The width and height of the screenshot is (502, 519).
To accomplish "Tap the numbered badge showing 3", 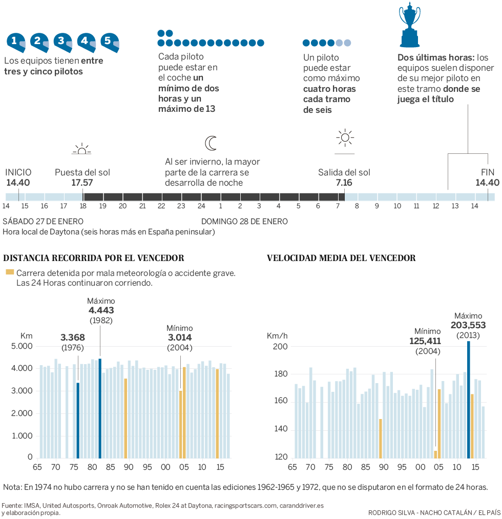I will pos(63,42).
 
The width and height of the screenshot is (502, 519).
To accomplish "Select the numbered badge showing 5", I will pos(109,42).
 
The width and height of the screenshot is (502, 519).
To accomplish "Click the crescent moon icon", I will pos(211,143).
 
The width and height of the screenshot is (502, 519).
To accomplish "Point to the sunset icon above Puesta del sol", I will pos(81,149).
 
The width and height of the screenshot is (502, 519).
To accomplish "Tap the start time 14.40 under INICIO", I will pos(18,182).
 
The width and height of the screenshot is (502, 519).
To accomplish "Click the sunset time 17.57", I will pos(82,182).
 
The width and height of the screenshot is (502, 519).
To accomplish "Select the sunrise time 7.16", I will pos(344,182).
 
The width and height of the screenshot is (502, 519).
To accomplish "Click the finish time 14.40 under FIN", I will pos(487,182).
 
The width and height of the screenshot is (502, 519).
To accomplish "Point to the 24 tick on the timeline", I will pos(201,206).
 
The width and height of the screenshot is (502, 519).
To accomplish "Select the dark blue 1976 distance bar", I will pos(78,420).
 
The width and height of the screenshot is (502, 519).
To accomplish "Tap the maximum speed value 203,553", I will pos(468,325).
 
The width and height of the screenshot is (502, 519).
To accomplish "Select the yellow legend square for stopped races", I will pos(9,273).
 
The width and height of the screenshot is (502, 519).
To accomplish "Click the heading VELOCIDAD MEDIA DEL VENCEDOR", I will pos(341,258).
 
